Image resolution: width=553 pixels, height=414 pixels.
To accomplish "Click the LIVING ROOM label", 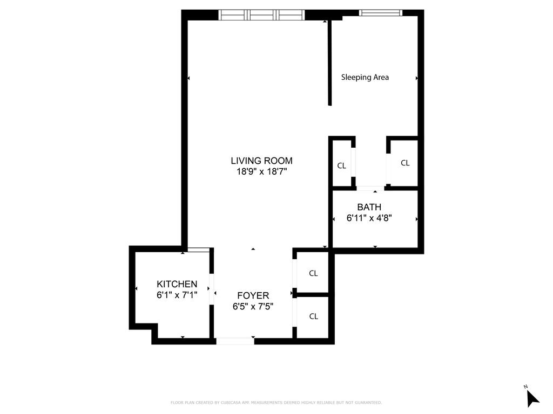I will (x=261, y=161).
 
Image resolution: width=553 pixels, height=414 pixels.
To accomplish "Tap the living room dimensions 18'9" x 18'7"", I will (x=261, y=171).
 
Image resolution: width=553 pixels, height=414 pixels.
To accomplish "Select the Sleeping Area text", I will (x=365, y=77).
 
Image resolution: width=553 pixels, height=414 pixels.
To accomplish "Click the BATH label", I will (x=369, y=207).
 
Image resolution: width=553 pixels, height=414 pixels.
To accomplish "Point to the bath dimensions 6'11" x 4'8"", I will (x=369, y=218).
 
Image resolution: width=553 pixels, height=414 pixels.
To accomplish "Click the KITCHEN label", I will (x=177, y=284).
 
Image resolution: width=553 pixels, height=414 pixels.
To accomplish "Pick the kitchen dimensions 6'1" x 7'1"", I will (x=177, y=295).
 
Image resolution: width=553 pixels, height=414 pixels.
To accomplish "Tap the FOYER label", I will (x=253, y=295).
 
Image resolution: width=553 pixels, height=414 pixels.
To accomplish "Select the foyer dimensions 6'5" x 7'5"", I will (x=253, y=306).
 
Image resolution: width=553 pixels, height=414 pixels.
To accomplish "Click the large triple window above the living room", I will (x=261, y=15).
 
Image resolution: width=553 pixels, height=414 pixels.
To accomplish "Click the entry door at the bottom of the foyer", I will (x=235, y=341).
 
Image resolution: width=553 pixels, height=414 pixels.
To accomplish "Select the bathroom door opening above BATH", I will (x=370, y=188).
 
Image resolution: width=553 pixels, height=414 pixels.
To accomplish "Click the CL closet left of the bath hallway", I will (x=341, y=165).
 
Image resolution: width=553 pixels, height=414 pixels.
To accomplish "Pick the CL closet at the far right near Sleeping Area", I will (x=405, y=163).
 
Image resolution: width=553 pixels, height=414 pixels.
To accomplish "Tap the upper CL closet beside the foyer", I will (x=313, y=273).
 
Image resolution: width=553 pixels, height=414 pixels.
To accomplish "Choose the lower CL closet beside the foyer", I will (x=313, y=316).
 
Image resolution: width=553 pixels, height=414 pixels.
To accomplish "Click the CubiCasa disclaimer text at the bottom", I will (x=276, y=403).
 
